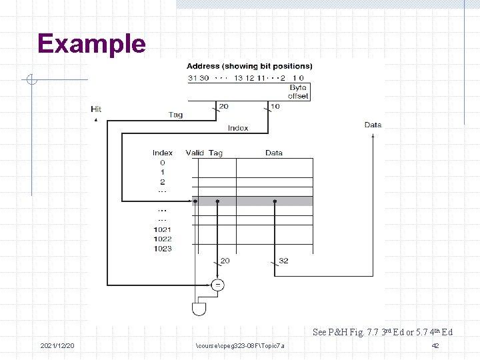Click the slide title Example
(x=91, y=44)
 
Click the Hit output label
(x=96, y=109)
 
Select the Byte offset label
(x=298, y=92)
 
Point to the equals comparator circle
(x=217, y=285)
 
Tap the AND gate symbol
(x=199, y=309)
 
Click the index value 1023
(x=162, y=249)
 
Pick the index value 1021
(x=162, y=229)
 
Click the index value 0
(x=162, y=163)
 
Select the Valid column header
(x=195, y=153)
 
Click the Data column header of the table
(x=273, y=153)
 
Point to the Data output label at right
(x=373, y=125)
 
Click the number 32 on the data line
(x=283, y=261)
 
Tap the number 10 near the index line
(x=276, y=105)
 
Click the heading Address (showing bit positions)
(x=249, y=66)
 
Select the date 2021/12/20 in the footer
(x=57, y=346)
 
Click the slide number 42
(x=435, y=346)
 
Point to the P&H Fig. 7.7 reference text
(x=382, y=332)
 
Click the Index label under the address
(x=238, y=128)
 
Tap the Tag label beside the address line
(x=175, y=115)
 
